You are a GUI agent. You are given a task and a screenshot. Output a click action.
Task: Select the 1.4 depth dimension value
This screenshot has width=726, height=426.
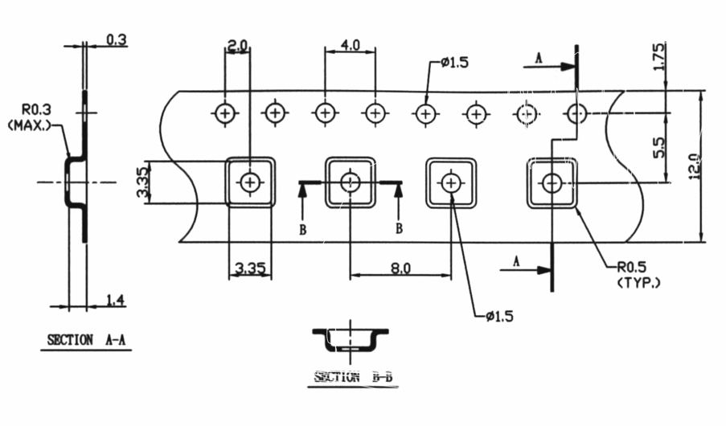[x=116, y=301]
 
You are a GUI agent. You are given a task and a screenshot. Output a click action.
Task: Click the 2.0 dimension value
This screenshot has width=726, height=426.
[x=237, y=46]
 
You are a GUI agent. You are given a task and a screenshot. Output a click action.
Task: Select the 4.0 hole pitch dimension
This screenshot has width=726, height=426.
[x=350, y=46]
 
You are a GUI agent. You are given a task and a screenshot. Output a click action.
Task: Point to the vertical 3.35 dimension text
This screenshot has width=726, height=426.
[x=142, y=183]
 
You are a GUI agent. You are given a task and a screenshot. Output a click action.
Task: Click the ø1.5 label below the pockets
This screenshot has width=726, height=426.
[x=500, y=316]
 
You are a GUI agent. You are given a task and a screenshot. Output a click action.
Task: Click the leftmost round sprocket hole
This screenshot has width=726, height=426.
[x=225, y=113]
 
